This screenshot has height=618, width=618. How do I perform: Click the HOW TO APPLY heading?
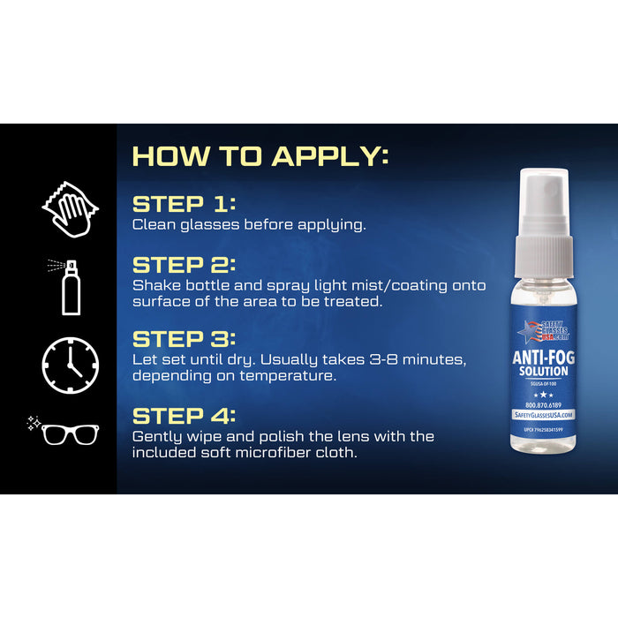click(x=260, y=157)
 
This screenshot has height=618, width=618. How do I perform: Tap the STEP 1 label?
click(x=184, y=204)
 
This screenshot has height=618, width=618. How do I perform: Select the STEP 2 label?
click(x=184, y=265)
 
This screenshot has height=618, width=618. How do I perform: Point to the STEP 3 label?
click(x=184, y=339)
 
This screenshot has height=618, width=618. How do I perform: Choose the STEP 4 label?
click(x=184, y=416)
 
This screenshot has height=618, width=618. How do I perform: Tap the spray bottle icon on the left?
click(x=69, y=286)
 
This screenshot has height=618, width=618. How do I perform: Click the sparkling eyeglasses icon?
click(x=65, y=431)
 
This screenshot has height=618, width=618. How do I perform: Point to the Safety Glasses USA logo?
click(x=544, y=331)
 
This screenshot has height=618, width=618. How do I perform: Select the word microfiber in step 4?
click(x=266, y=452)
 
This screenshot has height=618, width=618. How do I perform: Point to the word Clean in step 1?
click(x=152, y=224)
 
